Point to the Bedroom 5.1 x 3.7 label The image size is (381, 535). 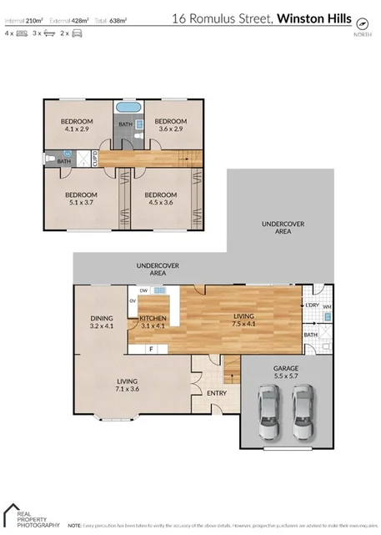82,199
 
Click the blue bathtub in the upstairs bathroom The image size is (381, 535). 128,109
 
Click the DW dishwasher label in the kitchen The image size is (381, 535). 143,290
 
